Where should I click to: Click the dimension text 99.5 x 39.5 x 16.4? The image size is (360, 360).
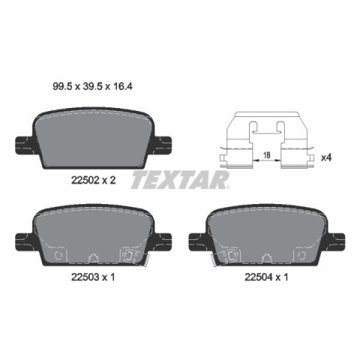pos(92,86)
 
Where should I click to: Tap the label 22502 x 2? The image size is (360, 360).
pos(93,180)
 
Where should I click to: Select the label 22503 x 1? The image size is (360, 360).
pos(93,277)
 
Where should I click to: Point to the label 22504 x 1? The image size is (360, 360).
pos(266,277)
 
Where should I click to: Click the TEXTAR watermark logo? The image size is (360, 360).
pos(180,180)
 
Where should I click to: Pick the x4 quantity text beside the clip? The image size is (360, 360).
pos(326,157)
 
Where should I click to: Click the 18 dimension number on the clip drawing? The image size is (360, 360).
pos(267,155)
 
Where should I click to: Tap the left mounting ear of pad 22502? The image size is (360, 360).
pos(25,145)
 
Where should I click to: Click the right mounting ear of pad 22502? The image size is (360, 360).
pos(163,145)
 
